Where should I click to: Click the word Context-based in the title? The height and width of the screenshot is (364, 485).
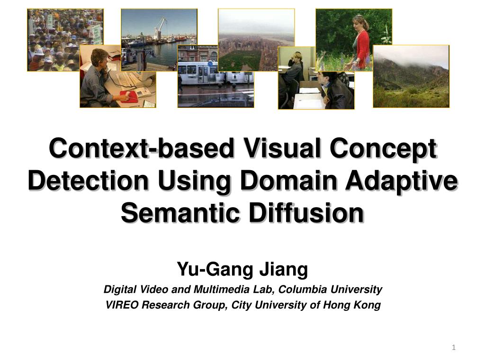tap(141, 148)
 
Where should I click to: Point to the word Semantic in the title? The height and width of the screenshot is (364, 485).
tap(180, 213)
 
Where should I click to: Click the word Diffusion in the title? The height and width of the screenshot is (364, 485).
tap(306, 213)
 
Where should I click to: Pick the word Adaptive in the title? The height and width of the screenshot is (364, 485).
tap(402, 181)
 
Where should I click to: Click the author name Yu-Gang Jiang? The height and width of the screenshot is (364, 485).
tap(242, 269)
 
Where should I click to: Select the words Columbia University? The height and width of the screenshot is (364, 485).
tap(330, 290)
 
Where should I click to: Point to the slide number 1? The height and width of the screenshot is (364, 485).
tap(454, 347)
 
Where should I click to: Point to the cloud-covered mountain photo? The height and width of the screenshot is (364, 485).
tap(411, 76)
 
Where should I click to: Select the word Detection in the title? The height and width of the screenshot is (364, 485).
tap(88, 181)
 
